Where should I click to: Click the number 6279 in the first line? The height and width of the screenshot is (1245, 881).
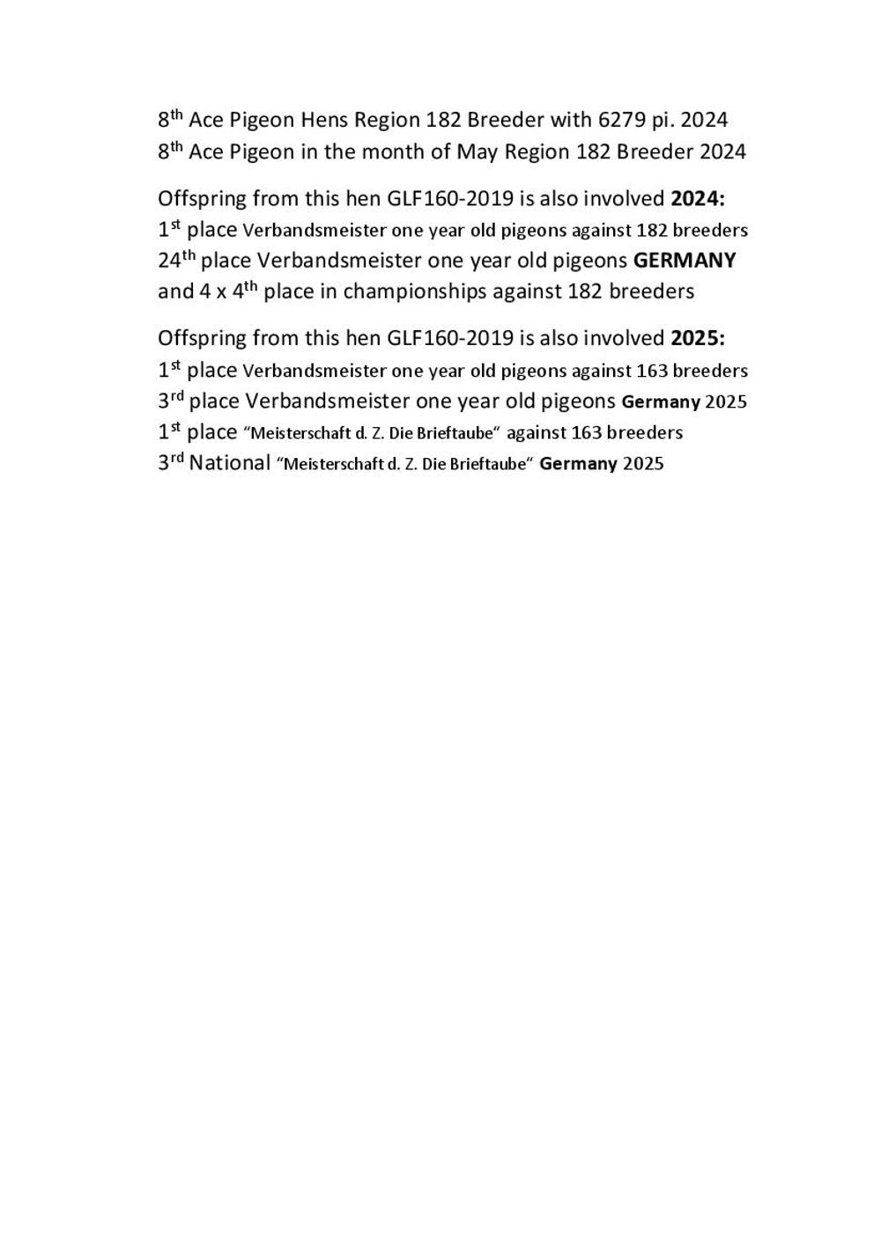pyautogui.click(x=622, y=120)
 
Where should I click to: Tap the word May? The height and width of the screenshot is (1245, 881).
pyautogui.click(x=477, y=151)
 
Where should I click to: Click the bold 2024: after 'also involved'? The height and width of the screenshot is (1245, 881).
pyautogui.click(x=698, y=198)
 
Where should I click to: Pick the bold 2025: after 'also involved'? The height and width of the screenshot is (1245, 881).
pyautogui.click(x=698, y=338)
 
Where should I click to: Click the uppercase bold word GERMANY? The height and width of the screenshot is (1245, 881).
pyautogui.click(x=685, y=261)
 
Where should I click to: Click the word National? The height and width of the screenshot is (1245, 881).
pyautogui.click(x=229, y=463)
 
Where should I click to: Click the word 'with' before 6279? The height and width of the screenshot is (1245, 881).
pyautogui.click(x=570, y=120)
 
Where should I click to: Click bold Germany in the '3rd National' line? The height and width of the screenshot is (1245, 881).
pyautogui.click(x=578, y=464)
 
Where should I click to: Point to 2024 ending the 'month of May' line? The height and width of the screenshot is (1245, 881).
pyautogui.click(x=722, y=151)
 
